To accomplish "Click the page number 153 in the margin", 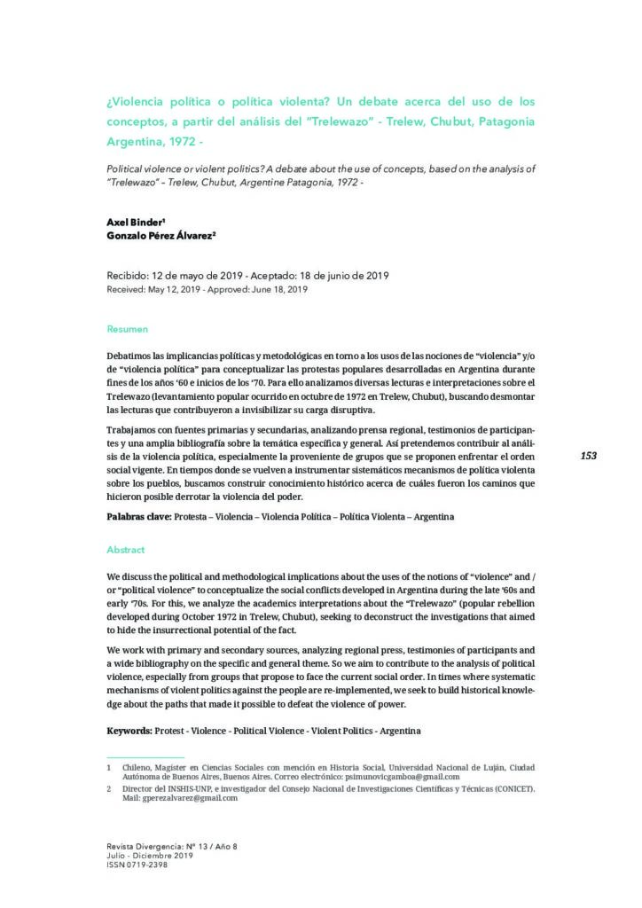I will [x=588, y=456].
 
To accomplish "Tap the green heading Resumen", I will [x=128, y=329].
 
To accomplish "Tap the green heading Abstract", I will [x=125, y=550].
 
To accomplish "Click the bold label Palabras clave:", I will [x=139, y=516].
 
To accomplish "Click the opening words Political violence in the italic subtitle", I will [x=145, y=168].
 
